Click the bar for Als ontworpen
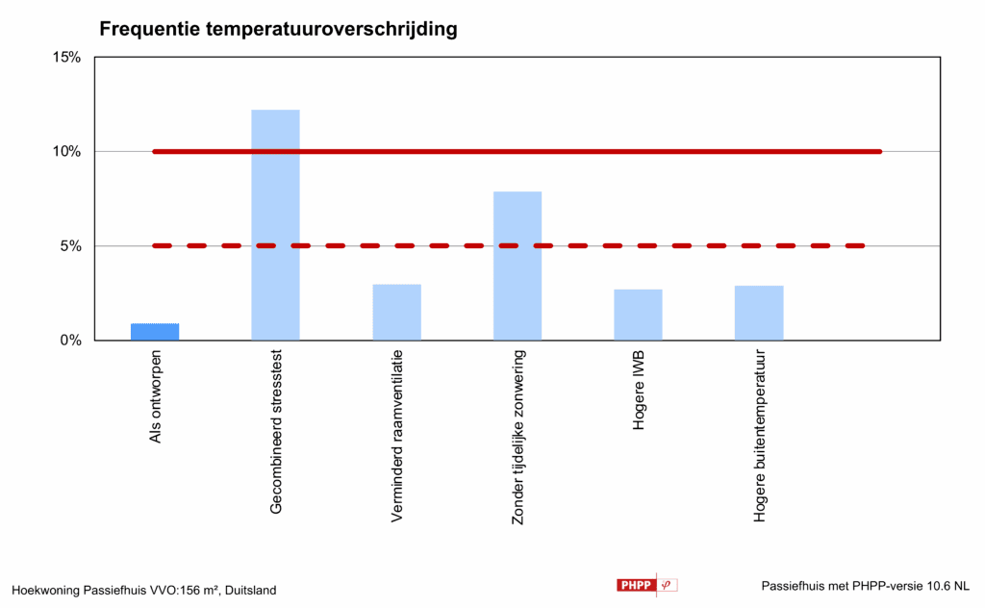tap(155, 332)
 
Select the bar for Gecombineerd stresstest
tap(275, 225)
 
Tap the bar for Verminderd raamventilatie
tap(396, 313)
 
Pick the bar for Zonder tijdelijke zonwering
tap(518, 266)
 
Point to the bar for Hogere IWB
tap(638, 315)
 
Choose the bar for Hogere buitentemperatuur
tap(759, 313)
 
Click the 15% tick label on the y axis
tap(65, 57)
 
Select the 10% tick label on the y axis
tap(65, 151)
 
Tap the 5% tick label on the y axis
tap(69, 246)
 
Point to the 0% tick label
tap(69, 341)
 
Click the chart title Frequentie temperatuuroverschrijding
tap(278, 30)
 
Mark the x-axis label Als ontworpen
tap(156, 397)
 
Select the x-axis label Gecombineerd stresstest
tap(277, 432)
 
